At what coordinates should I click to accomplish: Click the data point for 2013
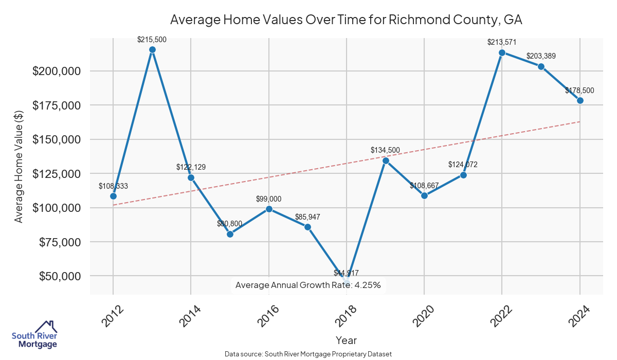(152, 50)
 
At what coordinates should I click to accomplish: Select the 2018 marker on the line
(347, 281)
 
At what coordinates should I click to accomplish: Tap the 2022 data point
(502, 52)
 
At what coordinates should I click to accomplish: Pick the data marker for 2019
(386, 160)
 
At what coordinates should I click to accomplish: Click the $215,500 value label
(152, 40)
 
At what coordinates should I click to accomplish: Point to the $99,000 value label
(269, 199)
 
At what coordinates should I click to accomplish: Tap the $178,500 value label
(579, 91)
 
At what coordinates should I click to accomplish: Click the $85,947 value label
(307, 217)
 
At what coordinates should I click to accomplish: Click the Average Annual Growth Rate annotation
(307, 285)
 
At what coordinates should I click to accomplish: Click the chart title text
(346, 20)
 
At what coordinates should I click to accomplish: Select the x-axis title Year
(346, 340)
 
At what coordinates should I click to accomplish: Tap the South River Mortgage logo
(34, 335)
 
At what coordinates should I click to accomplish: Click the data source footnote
(308, 354)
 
